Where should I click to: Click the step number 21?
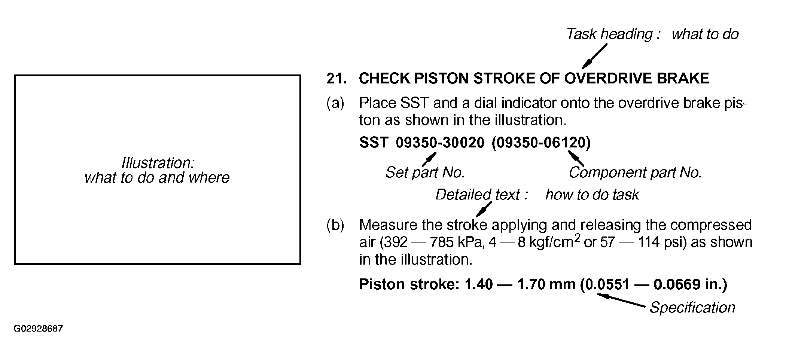click(336, 79)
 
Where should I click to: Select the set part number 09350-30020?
click(440, 143)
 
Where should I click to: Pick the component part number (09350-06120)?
click(541, 143)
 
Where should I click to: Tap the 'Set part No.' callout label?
click(425, 173)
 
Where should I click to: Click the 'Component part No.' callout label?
click(635, 173)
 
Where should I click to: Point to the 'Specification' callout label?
click(692, 308)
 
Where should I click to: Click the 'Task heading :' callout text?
click(614, 34)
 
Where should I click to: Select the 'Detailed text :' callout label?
click(482, 195)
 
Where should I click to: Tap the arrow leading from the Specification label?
click(621, 300)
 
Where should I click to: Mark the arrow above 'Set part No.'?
click(429, 159)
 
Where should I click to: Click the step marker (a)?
click(335, 103)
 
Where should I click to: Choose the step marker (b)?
click(335, 225)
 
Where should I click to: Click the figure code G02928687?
click(38, 329)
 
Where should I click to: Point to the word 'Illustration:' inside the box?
click(158, 163)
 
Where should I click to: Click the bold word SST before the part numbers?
click(373, 143)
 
